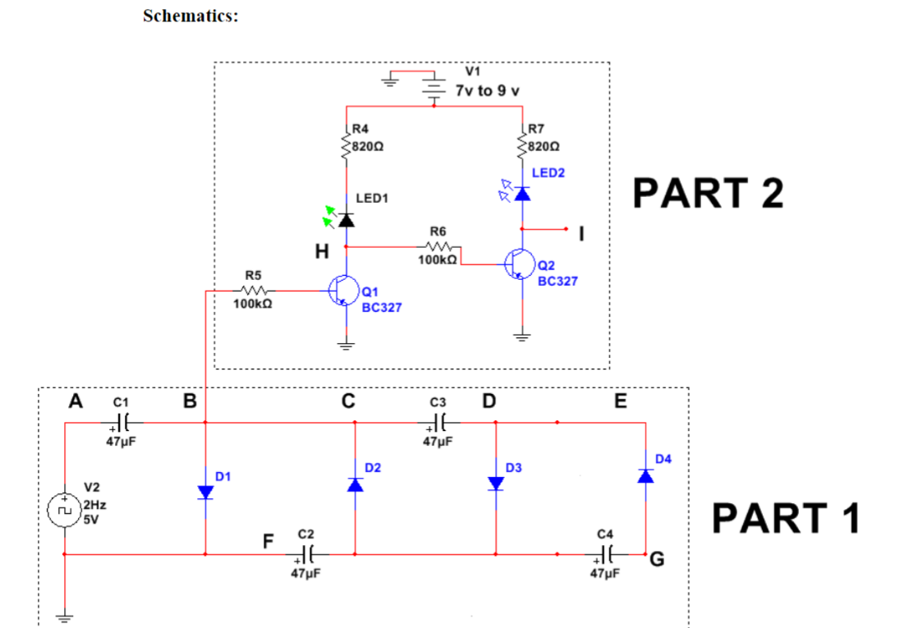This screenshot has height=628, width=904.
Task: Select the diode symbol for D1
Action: [204, 491]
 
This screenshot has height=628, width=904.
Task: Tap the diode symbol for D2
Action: [355, 484]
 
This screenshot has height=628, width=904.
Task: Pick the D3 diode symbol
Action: [496, 484]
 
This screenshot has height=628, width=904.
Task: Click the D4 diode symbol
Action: [645, 475]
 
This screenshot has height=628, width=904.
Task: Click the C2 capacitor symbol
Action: [309, 553]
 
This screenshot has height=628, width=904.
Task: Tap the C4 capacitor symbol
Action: [607, 553]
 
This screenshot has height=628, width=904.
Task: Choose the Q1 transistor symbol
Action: [343, 291]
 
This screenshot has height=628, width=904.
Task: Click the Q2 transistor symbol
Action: [520, 264]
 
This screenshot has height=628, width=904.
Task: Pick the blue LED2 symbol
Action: [521, 193]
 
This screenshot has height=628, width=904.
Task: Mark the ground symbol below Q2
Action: [521, 335]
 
